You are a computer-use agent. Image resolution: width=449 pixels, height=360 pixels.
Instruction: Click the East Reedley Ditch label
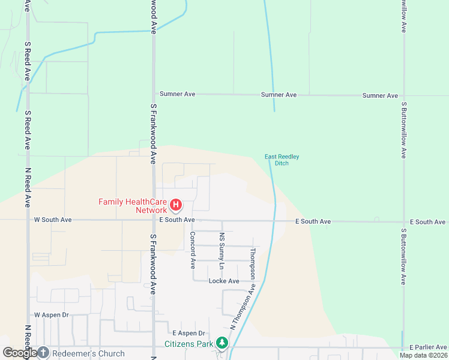pyautogui.click(x=282, y=160)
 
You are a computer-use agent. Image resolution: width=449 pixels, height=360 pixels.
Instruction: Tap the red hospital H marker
pyautogui.click(x=176, y=206)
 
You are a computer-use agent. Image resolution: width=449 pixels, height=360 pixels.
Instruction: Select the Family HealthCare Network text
pyautogui.click(x=133, y=206)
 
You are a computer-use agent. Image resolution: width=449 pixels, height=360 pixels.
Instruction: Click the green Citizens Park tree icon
pyautogui.click(x=223, y=343)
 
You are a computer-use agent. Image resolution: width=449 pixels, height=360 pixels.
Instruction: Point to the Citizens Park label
pyautogui.click(x=189, y=344)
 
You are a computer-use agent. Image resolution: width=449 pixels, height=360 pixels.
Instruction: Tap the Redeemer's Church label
pyautogui.click(x=88, y=353)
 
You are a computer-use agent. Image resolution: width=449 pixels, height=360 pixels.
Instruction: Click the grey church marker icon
pyautogui.click(x=43, y=353)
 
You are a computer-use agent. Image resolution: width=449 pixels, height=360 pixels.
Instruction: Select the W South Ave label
pyautogui.click(x=53, y=220)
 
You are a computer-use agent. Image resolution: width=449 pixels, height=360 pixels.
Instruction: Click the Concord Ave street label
pyautogui.click(x=193, y=250)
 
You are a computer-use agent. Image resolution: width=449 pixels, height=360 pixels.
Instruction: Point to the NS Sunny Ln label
pyautogui.click(x=221, y=250)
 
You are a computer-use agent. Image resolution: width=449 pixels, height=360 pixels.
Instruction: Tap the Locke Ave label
pyautogui.click(x=224, y=281)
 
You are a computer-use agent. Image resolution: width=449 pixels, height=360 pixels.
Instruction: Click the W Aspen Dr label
pyautogui.click(x=52, y=314)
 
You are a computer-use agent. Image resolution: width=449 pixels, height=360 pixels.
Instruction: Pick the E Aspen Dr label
pyautogui.click(x=188, y=333)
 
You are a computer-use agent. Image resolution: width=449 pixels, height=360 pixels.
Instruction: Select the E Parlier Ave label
pyautogui.click(x=428, y=347)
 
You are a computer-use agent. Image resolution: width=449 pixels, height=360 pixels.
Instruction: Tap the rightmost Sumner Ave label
pyautogui.click(x=381, y=95)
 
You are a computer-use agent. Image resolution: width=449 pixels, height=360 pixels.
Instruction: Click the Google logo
pyautogui.click(x=19, y=353)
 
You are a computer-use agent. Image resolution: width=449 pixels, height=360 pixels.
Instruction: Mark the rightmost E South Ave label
pyautogui.click(x=427, y=222)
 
